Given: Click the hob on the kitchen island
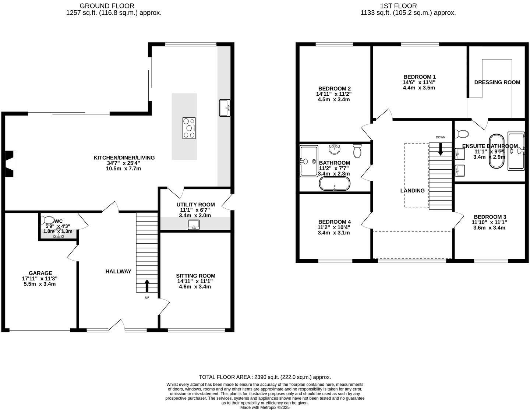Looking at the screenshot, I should click(x=189, y=128).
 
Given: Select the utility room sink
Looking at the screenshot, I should click(x=193, y=225).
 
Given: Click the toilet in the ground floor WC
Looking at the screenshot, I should click(x=47, y=220).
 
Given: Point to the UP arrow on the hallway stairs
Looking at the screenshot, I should click(x=147, y=286).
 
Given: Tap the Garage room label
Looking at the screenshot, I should click(x=40, y=273).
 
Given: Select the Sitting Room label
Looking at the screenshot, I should click(x=195, y=276).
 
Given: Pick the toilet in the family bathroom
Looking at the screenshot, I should click(x=357, y=151).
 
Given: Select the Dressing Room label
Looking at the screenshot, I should click(x=497, y=82).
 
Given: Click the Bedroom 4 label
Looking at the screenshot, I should click(x=334, y=222).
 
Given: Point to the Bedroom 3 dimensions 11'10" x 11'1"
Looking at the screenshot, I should click(x=490, y=222).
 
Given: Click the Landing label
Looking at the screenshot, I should click(x=412, y=191).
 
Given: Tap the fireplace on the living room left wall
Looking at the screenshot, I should click(x=10, y=164).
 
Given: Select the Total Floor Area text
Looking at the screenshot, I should click(x=265, y=377).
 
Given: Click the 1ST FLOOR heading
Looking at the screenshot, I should click(x=399, y=6).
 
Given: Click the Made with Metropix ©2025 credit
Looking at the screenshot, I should click(x=265, y=407).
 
